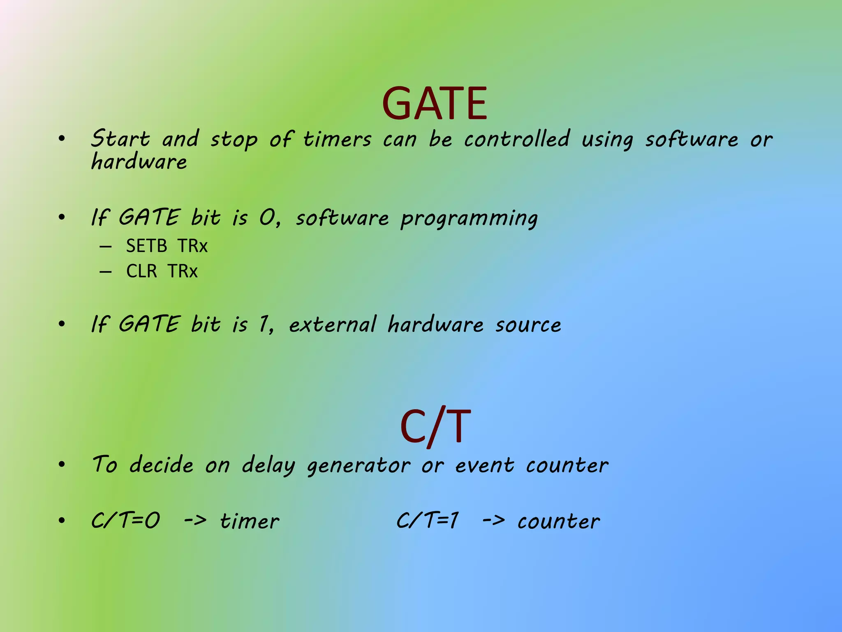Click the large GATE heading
(435, 104)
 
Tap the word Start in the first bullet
(120, 139)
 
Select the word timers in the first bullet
(337, 139)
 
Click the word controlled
(517, 139)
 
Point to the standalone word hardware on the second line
(139, 161)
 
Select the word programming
(469, 218)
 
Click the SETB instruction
(146, 246)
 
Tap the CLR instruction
(141, 271)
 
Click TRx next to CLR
(183, 271)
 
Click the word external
(332, 325)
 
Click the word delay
(268, 465)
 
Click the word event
(484, 465)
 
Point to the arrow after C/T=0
(195, 520)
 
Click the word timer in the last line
(249, 521)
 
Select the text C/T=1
(428, 520)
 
